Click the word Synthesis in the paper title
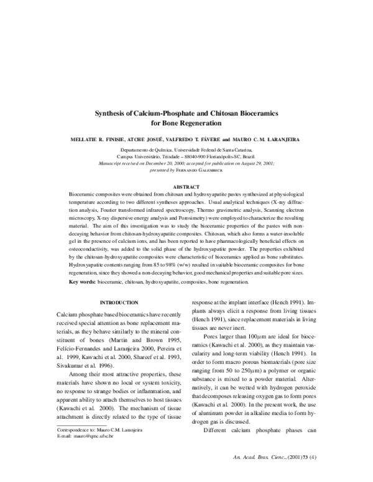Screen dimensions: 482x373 click(111, 114)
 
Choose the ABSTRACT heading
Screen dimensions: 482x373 click(186, 168)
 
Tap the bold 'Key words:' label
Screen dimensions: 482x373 click(82, 281)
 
